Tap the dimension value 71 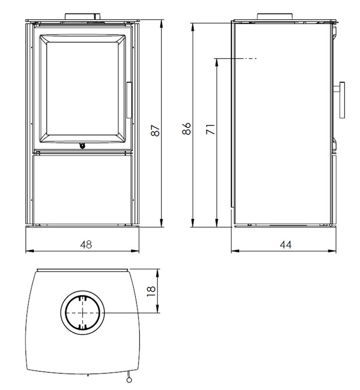click(210, 129)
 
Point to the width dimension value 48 click(85, 244)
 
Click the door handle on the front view click(129, 100)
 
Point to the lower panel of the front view click(82, 187)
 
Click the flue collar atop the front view click(83, 17)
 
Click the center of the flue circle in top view click(82, 312)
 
